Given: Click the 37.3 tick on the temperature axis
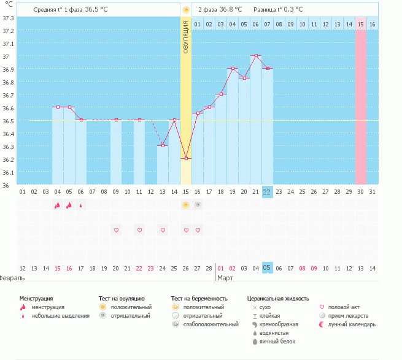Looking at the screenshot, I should coord(8,18).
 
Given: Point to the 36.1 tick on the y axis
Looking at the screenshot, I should coord(8,172).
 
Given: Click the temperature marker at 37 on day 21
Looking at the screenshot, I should coord(256,56).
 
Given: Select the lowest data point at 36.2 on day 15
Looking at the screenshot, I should coord(186,158).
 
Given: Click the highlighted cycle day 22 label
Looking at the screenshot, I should coord(267,191).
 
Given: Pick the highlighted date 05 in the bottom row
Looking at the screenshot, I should coord(267,268).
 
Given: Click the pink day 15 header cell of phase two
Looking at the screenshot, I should coord(361,24).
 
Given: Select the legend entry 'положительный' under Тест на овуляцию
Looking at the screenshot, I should coord(131,307).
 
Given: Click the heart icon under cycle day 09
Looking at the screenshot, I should coord(116,230).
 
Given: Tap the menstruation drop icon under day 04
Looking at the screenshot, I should coord(58,205).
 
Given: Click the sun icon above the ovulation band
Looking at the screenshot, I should coord(186,10).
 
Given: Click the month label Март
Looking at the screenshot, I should coord(226,278).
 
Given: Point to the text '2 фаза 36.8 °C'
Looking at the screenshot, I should coord(220,10).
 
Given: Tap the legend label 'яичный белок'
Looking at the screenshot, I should coord(277,341).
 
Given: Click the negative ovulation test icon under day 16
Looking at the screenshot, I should coord(198,205).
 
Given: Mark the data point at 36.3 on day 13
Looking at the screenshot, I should coord(163,145).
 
